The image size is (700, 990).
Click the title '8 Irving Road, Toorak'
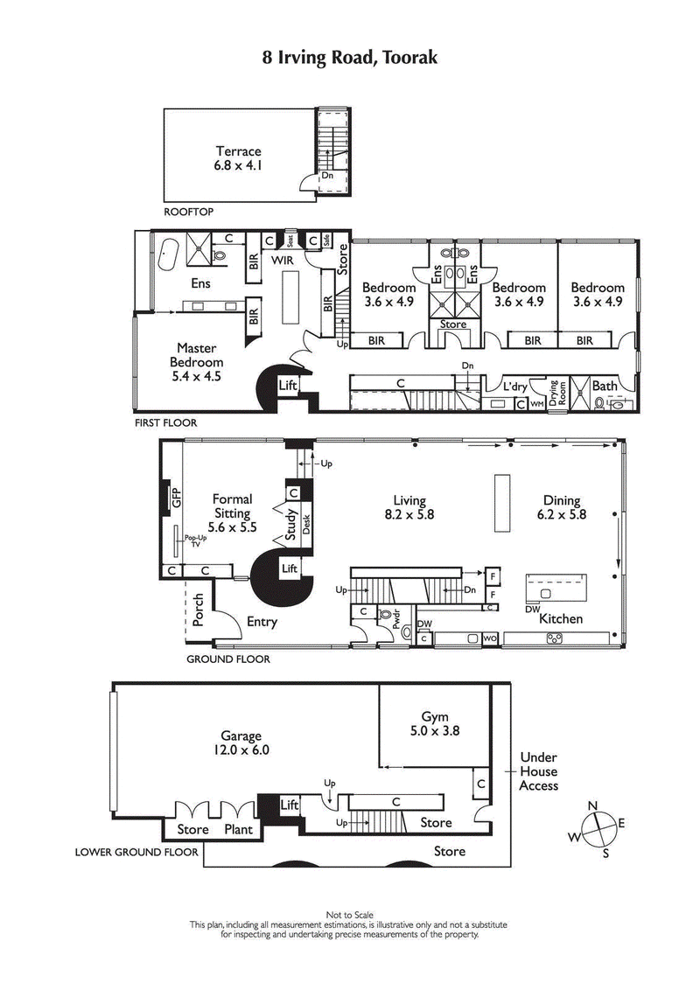point(350,58)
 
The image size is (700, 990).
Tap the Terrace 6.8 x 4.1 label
point(239,158)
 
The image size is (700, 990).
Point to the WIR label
point(281,261)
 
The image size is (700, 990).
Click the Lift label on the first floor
point(289,385)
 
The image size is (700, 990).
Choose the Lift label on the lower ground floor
point(289,805)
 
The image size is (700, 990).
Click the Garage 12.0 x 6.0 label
point(241,743)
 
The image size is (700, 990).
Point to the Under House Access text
point(539,771)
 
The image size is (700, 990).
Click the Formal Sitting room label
point(233,513)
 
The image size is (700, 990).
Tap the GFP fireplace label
point(176,498)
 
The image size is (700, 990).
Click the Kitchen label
point(561,619)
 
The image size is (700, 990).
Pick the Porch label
point(199,616)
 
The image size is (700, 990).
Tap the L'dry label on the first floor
point(514,386)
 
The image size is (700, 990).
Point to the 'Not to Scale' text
point(350,914)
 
